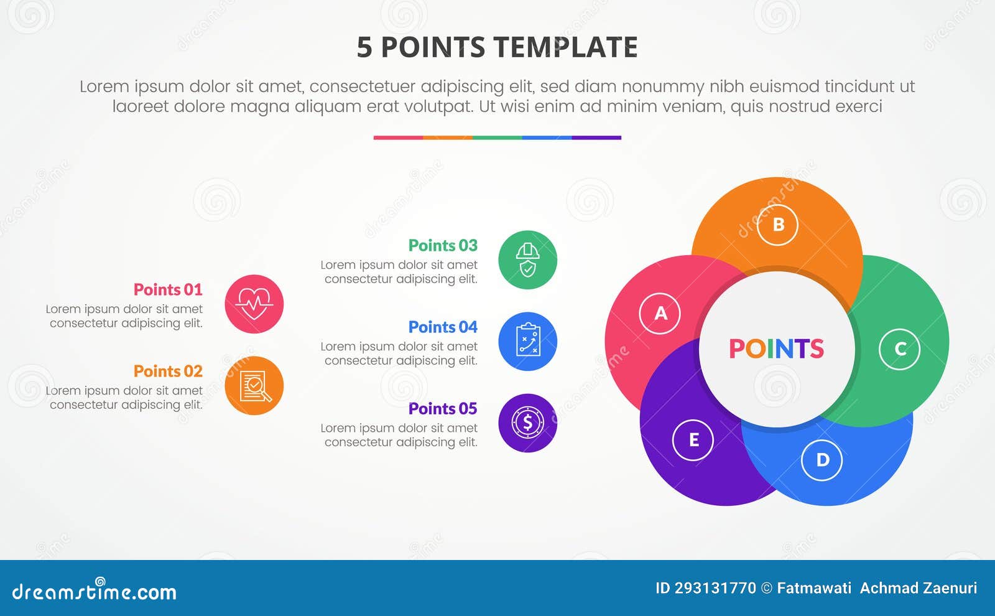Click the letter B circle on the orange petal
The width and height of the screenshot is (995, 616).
[777, 225]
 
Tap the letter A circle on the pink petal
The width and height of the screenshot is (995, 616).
[660, 313]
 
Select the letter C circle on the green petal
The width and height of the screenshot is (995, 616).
[899, 349]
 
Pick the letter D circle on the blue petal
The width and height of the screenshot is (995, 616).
[822, 460]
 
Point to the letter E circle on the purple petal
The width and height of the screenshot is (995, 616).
[693, 440]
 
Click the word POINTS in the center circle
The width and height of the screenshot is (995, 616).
[776, 348]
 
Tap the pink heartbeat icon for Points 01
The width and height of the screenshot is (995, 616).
[254, 304]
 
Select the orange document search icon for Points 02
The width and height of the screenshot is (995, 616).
[254, 386]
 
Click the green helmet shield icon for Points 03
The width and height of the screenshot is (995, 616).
[527, 260]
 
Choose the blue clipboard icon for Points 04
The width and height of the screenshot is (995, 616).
[527, 342]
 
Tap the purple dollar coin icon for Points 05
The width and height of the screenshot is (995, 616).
[527, 423]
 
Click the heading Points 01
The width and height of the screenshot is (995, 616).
[168, 289]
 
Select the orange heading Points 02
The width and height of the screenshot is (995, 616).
[168, 371]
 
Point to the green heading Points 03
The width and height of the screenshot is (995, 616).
[443, 245]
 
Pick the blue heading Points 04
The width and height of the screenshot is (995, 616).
[443, 327]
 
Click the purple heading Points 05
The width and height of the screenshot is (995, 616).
[443, 408]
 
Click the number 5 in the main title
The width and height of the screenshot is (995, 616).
[364, 47]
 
